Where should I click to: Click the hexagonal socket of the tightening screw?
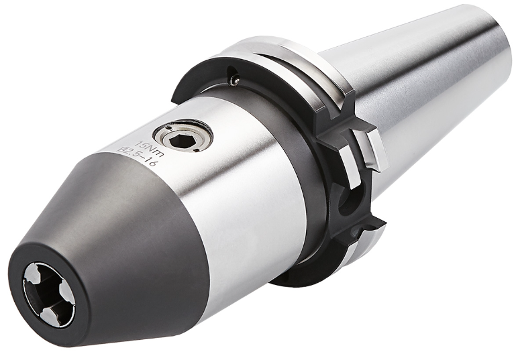179,142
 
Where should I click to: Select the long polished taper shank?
416,99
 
